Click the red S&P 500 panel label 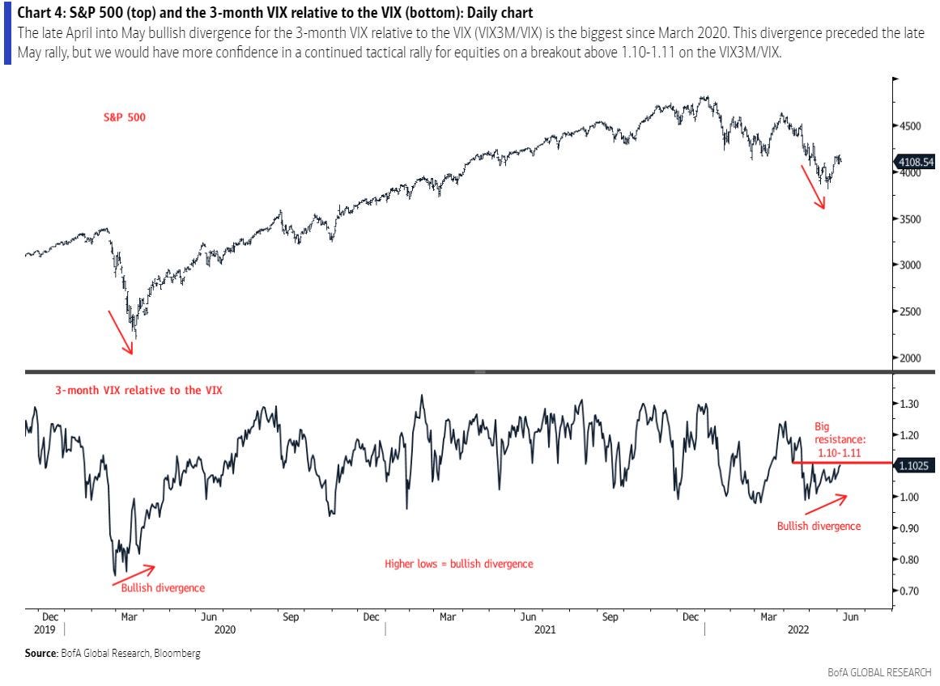(124, 117)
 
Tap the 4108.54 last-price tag (914, 162)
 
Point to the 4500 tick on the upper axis (909, 126)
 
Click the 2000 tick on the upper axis (909, 358)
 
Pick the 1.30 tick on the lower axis (911, 404)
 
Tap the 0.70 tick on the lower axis (911, 591)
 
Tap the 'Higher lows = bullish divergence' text (458, 564)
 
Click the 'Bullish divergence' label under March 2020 (163, 587)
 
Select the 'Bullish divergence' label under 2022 (819, 526)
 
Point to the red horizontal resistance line (842, 462)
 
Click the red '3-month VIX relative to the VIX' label (138, 390)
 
